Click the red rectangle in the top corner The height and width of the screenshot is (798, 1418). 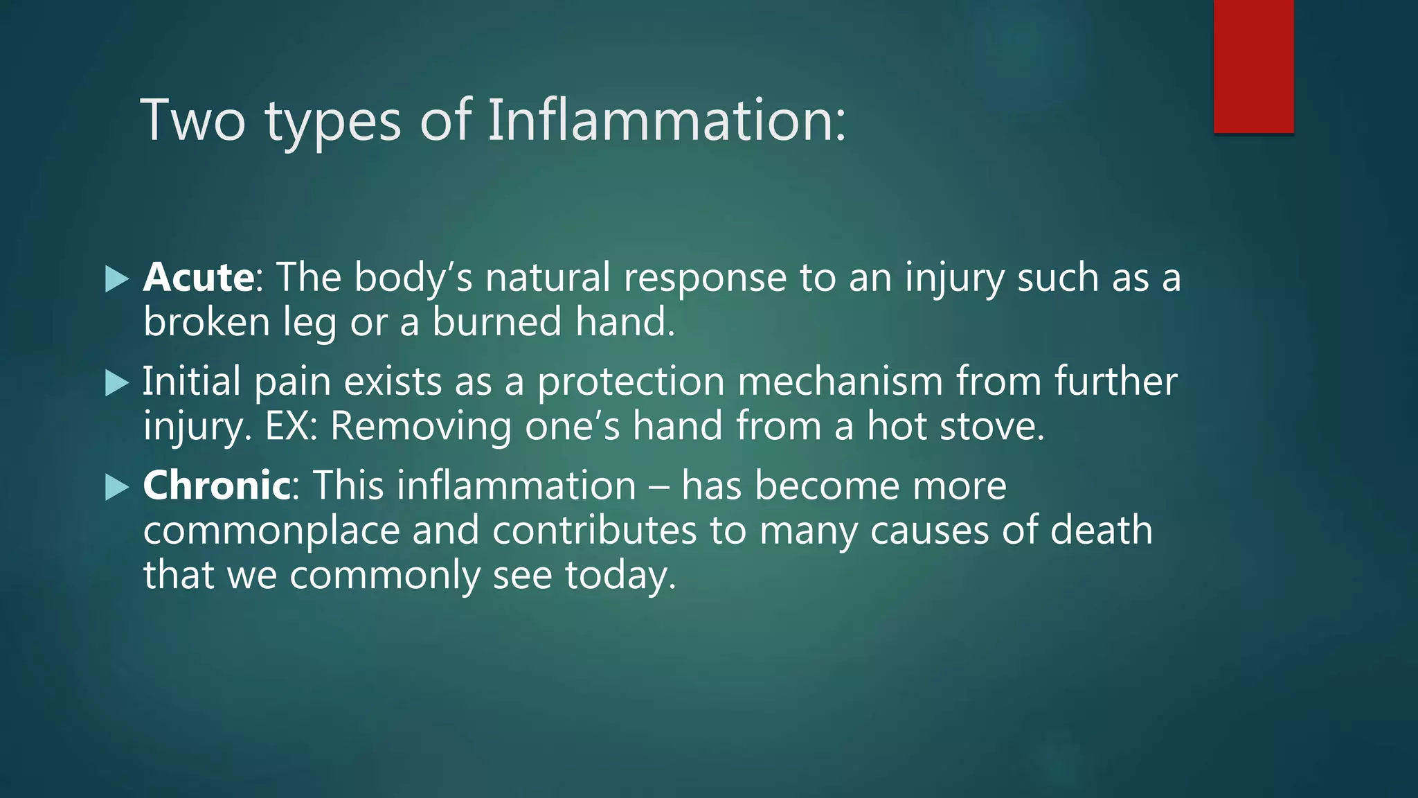click(x=1253, y=66)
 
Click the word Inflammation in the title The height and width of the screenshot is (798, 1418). click(x=666, y=121)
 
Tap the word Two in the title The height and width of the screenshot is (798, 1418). click(x=193, y=121)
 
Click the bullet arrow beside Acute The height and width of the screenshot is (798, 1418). click(x=117, y=279)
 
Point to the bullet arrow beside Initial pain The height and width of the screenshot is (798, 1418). click(x=117, y=383)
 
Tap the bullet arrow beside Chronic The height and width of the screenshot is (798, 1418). click(x=117, y=487)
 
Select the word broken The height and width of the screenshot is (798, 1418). click(x=206, y=322)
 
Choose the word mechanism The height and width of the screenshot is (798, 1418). click(x=840, y=382)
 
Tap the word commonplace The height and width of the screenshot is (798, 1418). click(x=271, y=531)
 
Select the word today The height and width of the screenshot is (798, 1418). click(x=620, y=576)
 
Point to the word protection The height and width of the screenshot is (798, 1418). click(x=631, y=382)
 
